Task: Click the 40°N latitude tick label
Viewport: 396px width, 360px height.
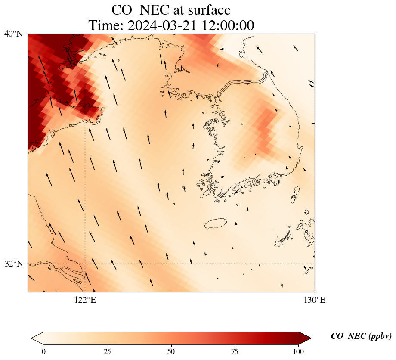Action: pos(13,34)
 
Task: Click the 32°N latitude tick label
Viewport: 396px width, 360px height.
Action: pos(13,264)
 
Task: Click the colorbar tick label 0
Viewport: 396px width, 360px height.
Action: pos(43,351)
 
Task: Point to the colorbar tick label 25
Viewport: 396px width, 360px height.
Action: pos(107,351)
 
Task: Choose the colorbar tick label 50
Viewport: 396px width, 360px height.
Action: pos(171,351)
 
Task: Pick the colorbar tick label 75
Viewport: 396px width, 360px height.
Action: pos(235,351)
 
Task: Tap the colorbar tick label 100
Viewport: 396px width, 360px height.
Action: pos(299,351)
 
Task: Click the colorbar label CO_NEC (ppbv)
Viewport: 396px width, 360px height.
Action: pos(361,336)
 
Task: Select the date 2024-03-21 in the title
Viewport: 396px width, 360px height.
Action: pos(162,25)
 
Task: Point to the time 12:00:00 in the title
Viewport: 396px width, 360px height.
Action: pos(226,25)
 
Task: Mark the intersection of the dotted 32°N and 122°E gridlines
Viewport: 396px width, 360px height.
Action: pos(85,264)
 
